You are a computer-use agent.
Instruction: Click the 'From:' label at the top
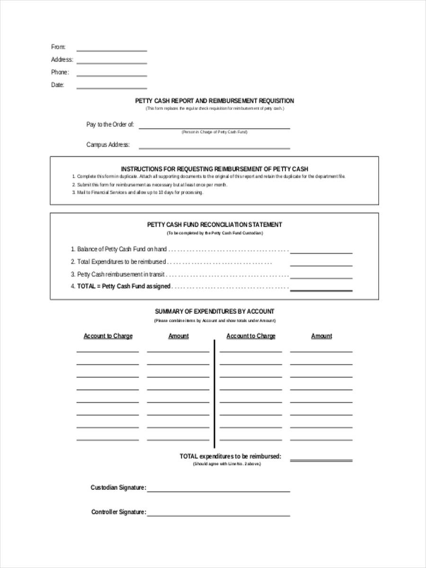pos(58,47)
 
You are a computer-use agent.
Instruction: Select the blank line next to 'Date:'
pos(112,88)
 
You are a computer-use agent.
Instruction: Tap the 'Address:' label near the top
pos(62,60)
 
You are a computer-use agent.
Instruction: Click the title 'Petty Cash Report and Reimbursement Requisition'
pos(214,101)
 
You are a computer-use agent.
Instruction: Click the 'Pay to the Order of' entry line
pos(214,127)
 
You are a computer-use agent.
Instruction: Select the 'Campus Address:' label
pos(108,145)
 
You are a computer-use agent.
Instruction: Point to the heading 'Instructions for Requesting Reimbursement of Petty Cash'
pos(214,169)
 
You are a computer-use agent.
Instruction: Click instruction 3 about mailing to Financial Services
pos(140,193)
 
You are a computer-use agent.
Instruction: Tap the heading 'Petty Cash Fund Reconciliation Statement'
pos(214,225)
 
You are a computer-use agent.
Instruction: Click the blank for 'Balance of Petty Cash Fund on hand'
pos(321,252)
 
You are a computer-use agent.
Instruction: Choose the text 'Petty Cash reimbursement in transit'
pos(121,274)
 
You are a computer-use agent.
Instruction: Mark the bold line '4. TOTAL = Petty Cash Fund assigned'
pos(124,286)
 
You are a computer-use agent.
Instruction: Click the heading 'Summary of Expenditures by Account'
pos(214,311)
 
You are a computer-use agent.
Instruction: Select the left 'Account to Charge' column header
pos(108,336)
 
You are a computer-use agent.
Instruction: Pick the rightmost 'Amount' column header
pos(321,336)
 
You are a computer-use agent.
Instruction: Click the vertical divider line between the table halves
pos(214,393)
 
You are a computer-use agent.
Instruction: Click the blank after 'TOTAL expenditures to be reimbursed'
pos(321,459)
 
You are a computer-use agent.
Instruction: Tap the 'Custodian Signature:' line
pos(218,490)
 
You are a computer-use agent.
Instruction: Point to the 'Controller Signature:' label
pos(118,512)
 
